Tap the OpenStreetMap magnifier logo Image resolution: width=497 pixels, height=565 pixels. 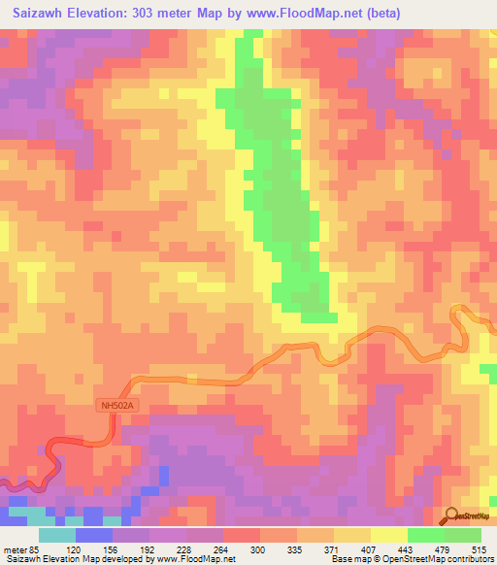(451, 516)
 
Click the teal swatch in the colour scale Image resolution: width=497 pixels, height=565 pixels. (57, 535)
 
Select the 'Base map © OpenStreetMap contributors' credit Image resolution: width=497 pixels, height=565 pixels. (411, 559)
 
